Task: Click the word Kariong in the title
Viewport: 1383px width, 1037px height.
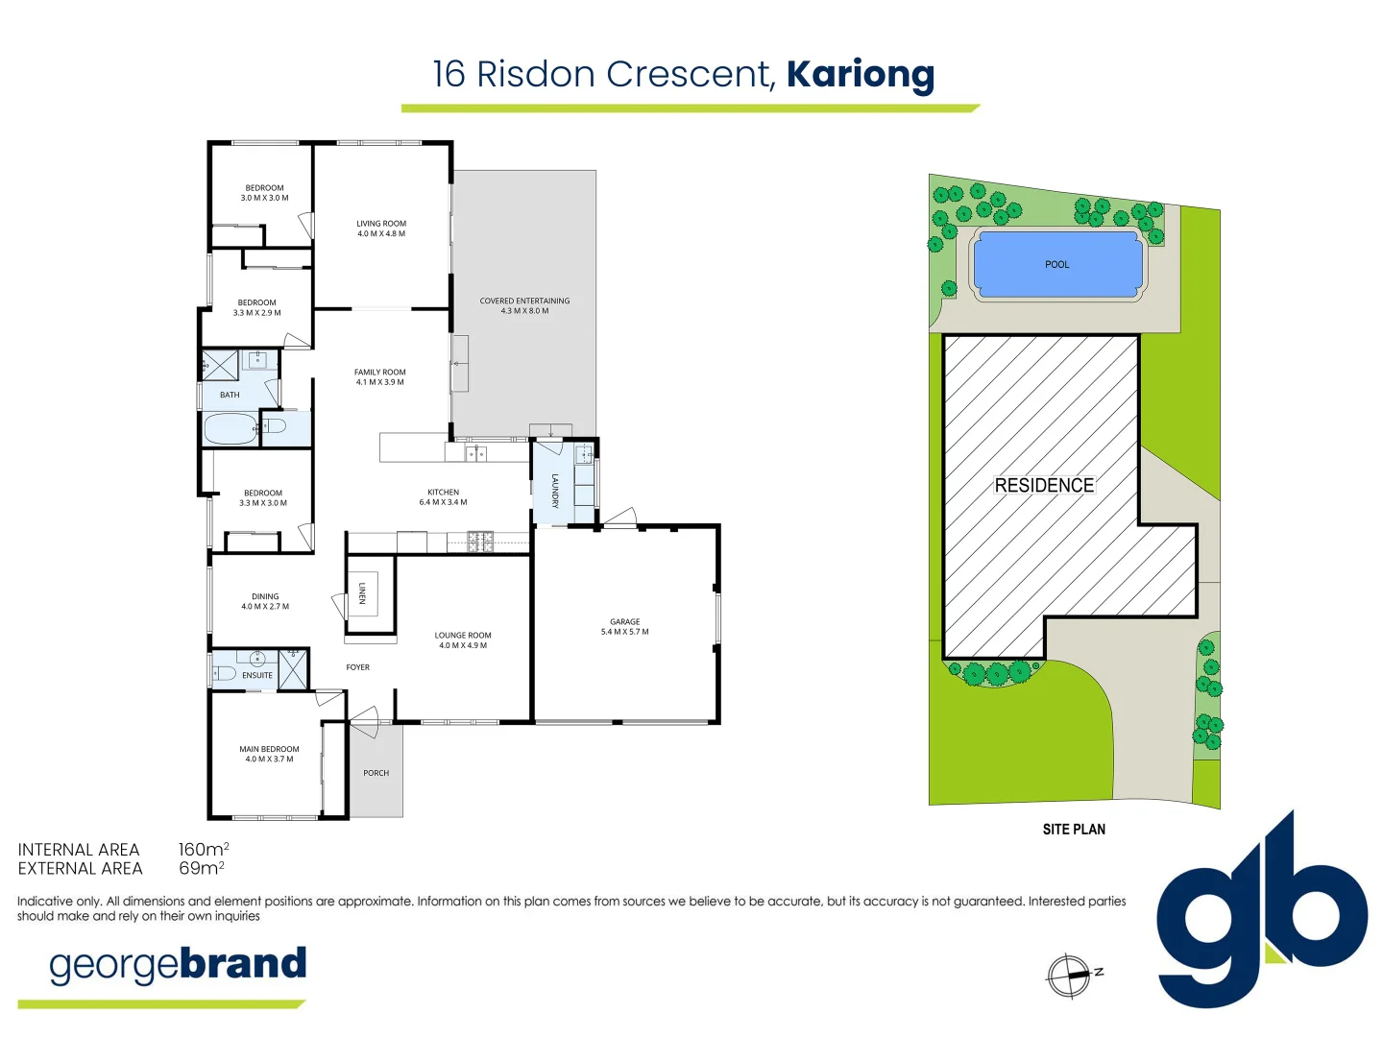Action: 860,75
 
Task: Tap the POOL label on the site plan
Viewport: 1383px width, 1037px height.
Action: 1056,265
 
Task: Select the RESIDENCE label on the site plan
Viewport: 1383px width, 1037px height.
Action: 1044,486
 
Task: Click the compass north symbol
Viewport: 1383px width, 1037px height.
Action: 1069,977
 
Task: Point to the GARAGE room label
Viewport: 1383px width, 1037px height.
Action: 624,622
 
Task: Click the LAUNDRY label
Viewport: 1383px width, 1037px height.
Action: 555,490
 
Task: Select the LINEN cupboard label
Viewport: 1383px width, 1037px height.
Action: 362,593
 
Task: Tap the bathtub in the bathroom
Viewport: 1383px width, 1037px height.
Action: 230,429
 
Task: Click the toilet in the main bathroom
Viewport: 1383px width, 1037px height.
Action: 273,424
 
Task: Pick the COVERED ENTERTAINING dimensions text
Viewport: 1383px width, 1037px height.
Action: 524,311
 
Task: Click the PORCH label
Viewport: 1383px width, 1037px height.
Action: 376,773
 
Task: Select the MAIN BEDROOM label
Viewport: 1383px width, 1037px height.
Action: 269,749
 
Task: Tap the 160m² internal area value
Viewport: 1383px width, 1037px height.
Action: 203,850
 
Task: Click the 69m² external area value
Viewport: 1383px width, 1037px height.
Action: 201,869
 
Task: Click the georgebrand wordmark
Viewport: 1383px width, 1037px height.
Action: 178,965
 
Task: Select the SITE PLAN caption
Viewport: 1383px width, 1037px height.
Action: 1074,830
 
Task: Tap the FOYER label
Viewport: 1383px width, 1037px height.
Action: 357,667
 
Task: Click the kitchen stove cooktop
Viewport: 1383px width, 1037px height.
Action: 480,543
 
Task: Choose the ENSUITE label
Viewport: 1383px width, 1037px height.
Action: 256,676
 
